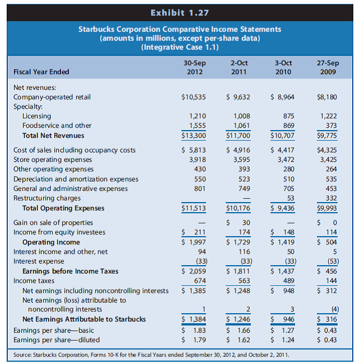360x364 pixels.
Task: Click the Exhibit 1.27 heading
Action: (180, 11)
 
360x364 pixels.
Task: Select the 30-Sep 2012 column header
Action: (194, 67)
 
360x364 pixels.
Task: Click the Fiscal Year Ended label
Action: (42, 71)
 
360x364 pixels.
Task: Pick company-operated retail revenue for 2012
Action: (194, 97)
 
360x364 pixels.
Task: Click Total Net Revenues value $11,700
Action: (238, 136)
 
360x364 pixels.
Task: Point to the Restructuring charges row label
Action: (46, 198)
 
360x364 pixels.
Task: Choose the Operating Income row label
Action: (51, 242)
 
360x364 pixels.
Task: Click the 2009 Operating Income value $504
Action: (327, 242)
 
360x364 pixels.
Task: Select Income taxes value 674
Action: (197, 281)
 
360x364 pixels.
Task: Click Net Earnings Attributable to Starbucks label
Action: (84, 319)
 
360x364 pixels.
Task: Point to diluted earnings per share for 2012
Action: (193, 339)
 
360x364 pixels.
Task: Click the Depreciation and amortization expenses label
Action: (76, 179)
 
